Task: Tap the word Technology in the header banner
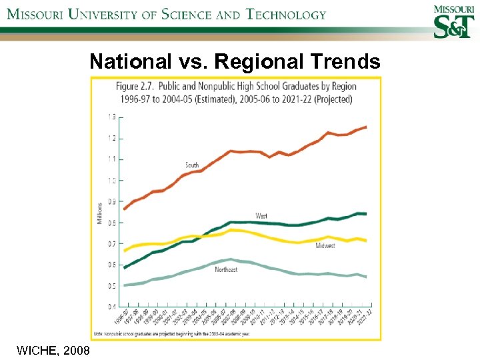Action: point(286,14)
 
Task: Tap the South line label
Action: point(192,165)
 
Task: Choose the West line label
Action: point(262,215)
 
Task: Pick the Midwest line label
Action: point(325,246)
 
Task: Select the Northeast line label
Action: point(226,269)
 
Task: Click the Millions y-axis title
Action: point(101,213)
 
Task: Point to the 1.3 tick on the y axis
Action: point(111,117)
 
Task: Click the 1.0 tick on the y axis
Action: point(111,180)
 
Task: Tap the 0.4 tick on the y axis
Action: point(111,307)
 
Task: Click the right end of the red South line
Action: point(366,127)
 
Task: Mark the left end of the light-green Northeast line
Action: point(124,285)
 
